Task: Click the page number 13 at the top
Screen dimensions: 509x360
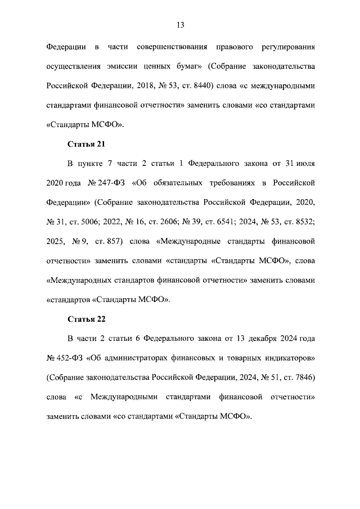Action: [180, 25]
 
